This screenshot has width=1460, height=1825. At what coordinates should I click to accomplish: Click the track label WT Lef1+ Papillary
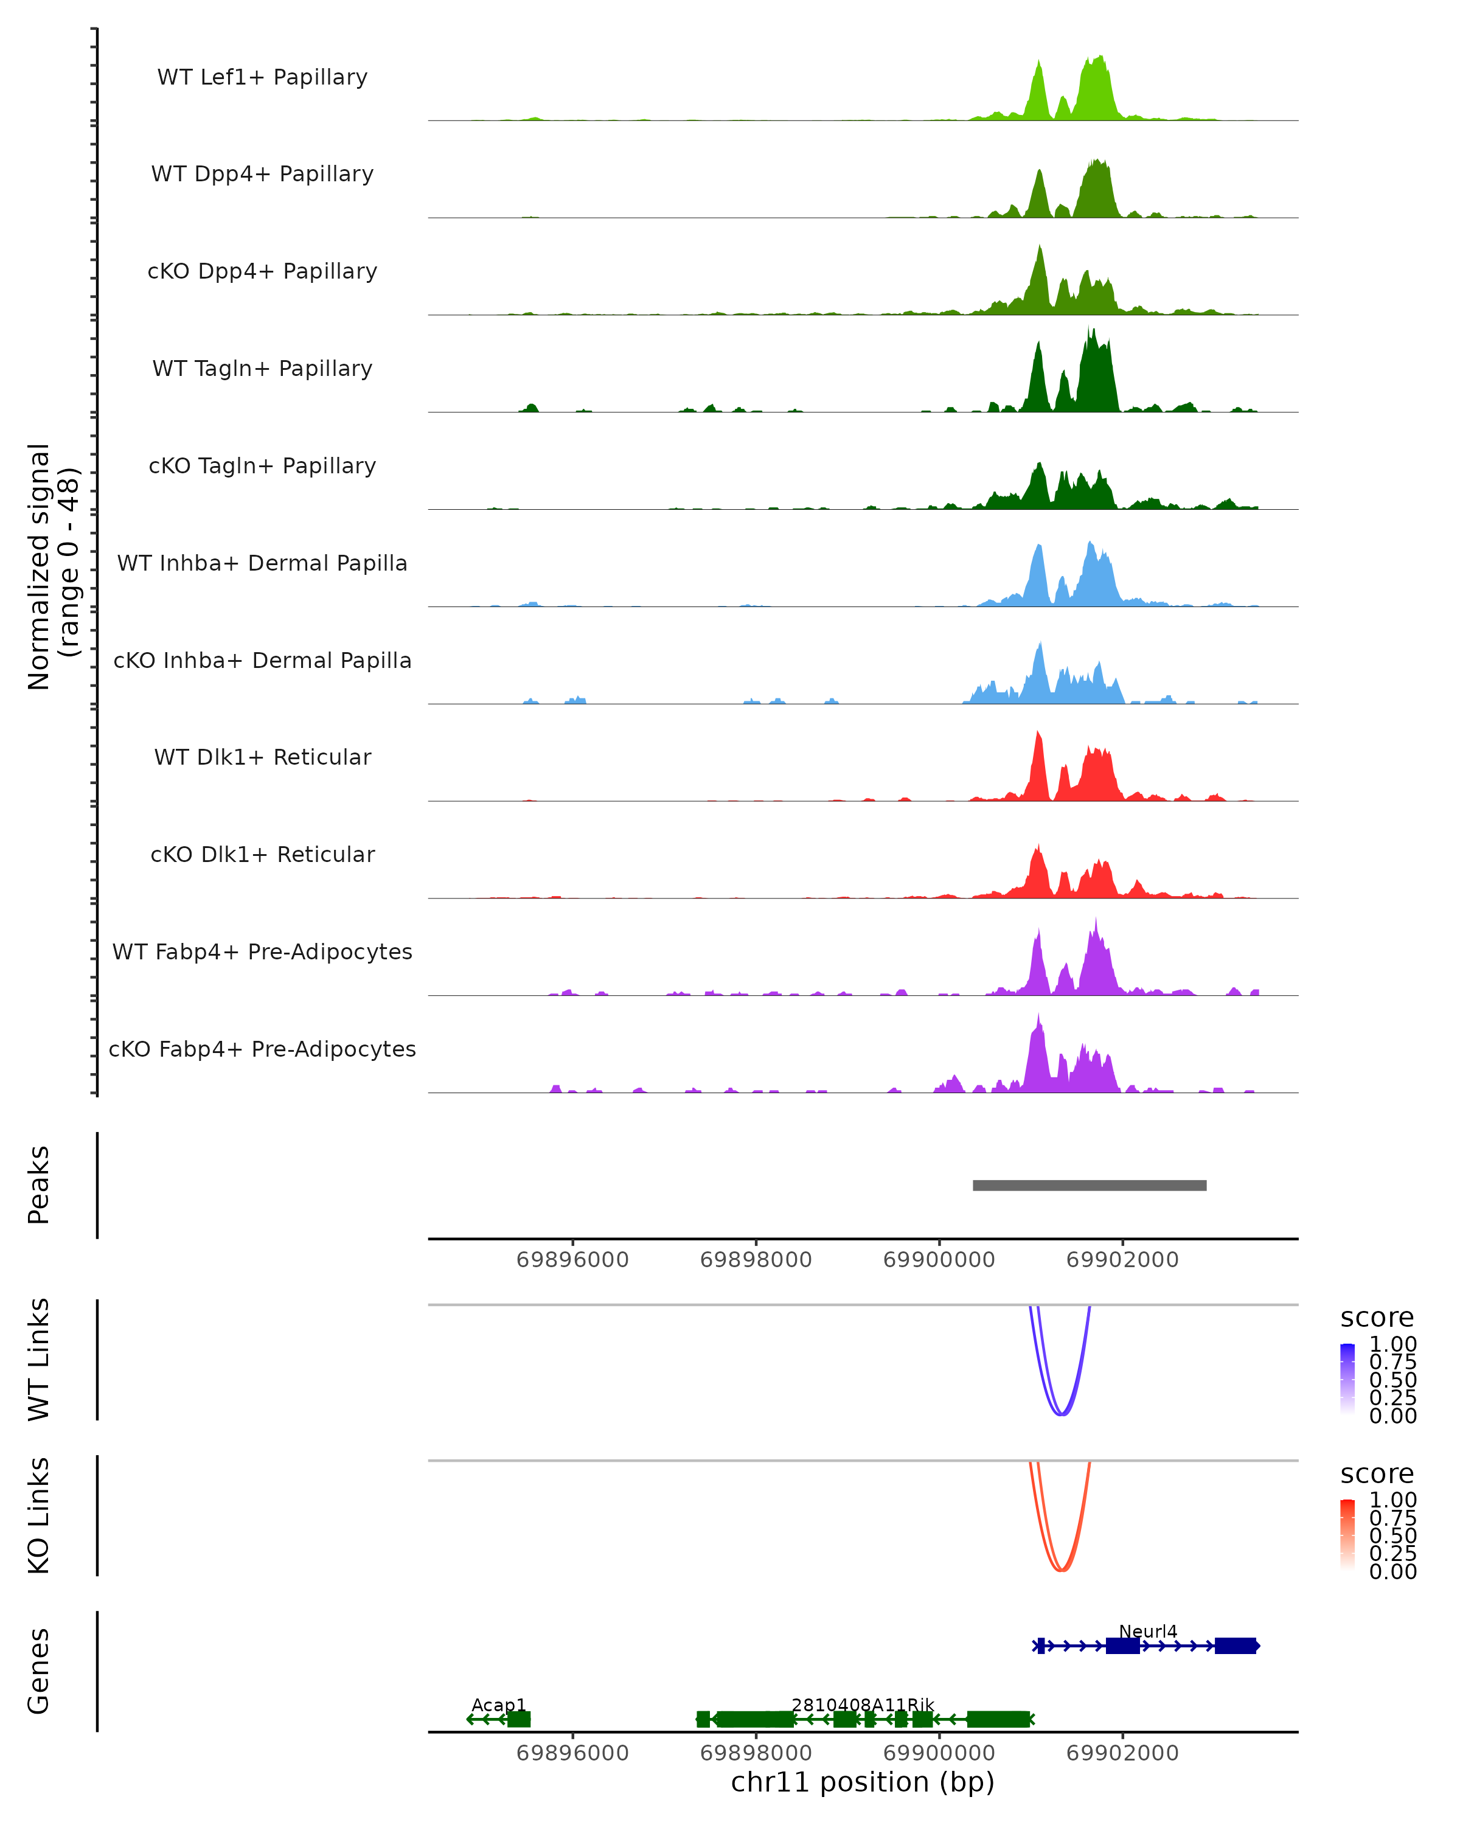click(x=262, y=77)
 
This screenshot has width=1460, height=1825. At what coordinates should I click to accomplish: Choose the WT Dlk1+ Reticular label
click(x=262, y=757)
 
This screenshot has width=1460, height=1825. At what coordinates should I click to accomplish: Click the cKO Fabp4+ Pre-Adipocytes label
click(x=262, y=1049)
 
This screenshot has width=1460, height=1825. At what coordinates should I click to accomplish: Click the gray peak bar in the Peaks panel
click(x=1090, y=1185)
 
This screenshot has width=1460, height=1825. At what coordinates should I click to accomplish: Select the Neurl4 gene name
click(x=1148, y=1631)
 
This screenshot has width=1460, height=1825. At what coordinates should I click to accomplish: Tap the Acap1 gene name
click(x=498, y=1705)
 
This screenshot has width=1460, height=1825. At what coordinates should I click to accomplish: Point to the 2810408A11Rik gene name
click(x=863, y=1705)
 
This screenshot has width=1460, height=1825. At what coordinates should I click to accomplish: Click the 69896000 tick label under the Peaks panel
click(x=572, y=1260)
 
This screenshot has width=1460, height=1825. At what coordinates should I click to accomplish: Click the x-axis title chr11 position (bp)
click(x=863, y=1782)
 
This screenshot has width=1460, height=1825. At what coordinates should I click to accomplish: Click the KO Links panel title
click(x=39, y=1515)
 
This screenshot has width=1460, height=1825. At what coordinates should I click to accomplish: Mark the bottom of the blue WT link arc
click(x=1062, y=1414)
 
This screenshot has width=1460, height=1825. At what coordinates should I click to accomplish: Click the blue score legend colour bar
click(x=1347, y=1378)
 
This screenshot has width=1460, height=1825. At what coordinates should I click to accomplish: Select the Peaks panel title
click(x=39, y=1185)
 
